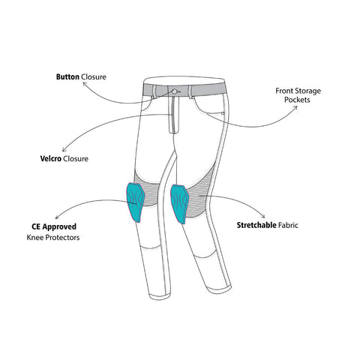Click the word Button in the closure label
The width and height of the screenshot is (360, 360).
[67, 76]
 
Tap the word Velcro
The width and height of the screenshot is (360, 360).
[51, 159]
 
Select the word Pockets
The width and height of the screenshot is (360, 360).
[297, 100]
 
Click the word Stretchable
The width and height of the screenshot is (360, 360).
[256, 225]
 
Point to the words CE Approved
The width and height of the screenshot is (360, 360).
[54, 226]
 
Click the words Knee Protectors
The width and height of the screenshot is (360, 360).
[53, 237]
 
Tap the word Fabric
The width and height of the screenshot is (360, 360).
[288, 225]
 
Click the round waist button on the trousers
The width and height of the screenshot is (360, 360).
[175, 91]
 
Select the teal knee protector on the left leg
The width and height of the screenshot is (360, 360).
[135, 202]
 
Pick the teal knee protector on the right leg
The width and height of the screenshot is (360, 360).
[179, 204]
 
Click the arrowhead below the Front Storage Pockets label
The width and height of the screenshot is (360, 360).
[295, 107]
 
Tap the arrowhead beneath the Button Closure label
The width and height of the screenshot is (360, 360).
[85, 83]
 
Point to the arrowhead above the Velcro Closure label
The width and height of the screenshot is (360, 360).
[64, 149]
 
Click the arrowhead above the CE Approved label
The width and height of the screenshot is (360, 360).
[58, 217]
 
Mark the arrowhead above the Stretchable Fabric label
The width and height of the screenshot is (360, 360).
[263, 216]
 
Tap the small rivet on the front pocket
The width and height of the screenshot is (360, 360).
[223, 113]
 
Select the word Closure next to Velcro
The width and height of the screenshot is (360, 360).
[76, 159]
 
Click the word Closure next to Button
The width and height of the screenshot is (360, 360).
[94, 76]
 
